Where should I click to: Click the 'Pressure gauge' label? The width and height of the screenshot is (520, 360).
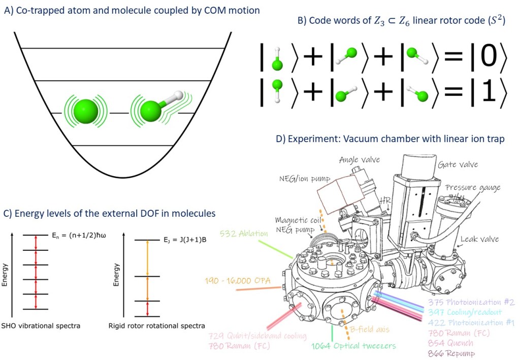[x=473, y=187]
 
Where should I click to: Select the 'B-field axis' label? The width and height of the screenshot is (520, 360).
[x=369, y=330]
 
